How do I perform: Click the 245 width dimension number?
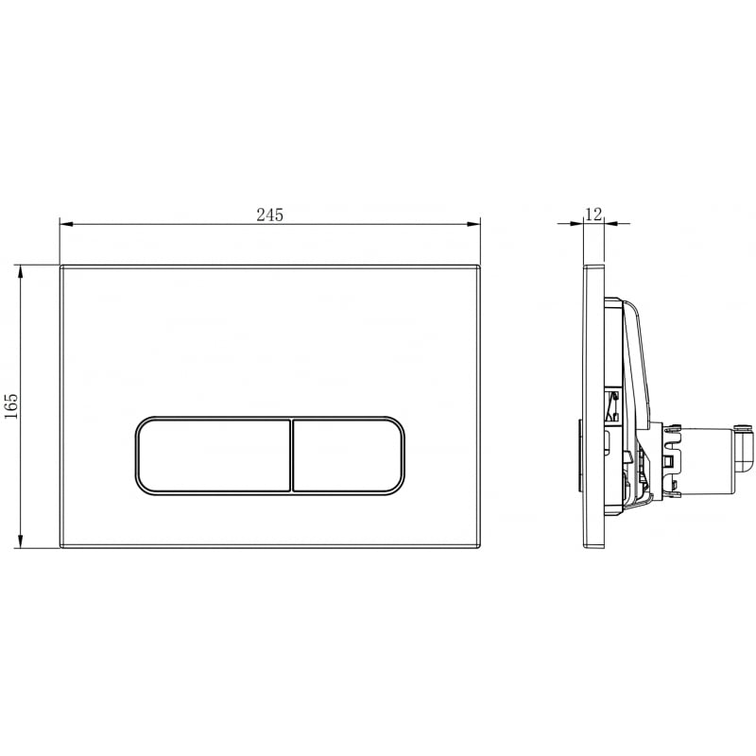pyautogui.click(x=270, y=215)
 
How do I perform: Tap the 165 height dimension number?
pyautogui.click(x=12, y=406)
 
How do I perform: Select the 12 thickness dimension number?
pyautogui.click(x=593, y=214)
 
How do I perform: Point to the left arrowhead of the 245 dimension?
pyautogui.click(x=64, y=225)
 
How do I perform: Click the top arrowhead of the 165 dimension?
pyautogui.click(x=21, y=269)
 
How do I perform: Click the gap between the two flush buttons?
pyautogui.click(x=291, y=455)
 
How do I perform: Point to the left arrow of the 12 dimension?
pyautogui.click(x=578, y=224)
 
